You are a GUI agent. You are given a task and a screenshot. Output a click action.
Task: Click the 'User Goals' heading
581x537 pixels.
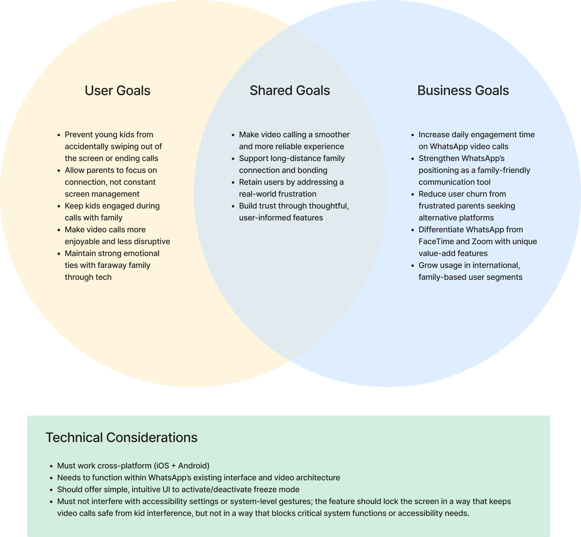(x=118, y=91)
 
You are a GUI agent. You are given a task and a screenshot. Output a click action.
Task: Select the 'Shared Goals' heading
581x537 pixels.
(x=290, y=91)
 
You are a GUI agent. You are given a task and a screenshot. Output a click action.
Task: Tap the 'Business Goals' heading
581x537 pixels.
(x=463, y=91)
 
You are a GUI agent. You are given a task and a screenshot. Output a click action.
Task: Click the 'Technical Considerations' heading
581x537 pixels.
(x=122, y=438)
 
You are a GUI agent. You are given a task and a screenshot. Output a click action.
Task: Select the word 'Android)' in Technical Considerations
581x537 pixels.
(x=194, y=466)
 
